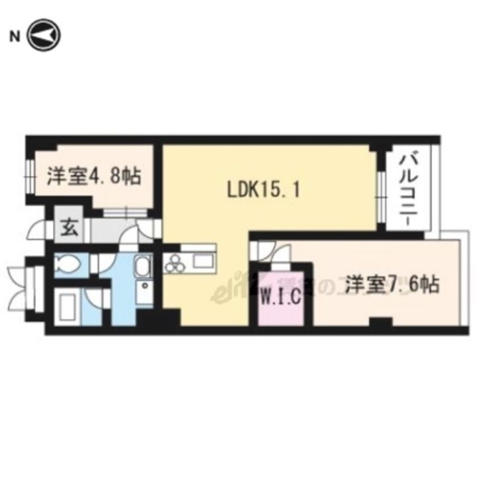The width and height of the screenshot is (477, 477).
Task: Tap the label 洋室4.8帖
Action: tap(93, 177)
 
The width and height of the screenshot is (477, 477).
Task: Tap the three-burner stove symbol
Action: tap(176, 264)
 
